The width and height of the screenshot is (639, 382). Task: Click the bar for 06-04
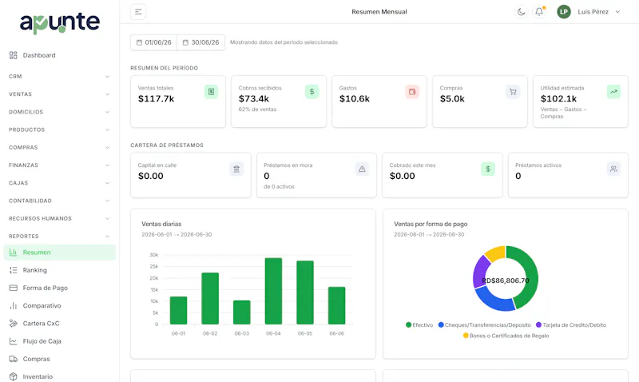[x=273, y=291]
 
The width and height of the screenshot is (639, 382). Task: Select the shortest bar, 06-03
[x=242, y=312]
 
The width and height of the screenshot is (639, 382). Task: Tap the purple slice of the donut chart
[x=481, y=271]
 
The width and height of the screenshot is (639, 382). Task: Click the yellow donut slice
[x=495, y=253]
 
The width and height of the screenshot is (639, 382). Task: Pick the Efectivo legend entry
[x=419, y=325]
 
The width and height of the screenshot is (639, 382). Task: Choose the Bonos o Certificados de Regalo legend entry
[x=506, y=336]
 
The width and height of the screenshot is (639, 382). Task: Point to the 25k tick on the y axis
[x=154, y=266]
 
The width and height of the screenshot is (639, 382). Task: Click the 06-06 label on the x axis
[x=336, y=333]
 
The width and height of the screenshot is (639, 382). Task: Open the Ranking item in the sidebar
[x=34, y=270]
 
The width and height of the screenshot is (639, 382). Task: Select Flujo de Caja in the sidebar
[x=42, y=340]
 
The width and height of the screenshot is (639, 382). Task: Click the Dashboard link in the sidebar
[x=39, y=55]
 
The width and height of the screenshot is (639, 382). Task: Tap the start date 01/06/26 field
[x=154, y=42]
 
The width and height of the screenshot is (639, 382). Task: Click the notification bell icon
[x=539, y=12]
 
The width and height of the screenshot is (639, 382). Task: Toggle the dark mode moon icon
[x=521, y=12]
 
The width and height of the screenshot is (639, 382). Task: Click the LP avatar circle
[x=564, y=12]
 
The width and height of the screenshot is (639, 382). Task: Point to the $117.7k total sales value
[x=156, y=98]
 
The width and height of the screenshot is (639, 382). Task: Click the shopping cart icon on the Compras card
[x=513, y=92]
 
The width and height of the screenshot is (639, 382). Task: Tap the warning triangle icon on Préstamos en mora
[x=362, y=169]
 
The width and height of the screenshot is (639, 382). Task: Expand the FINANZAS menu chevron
[x=107, y=165]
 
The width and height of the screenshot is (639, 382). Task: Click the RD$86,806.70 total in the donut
[x=506, y=281]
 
